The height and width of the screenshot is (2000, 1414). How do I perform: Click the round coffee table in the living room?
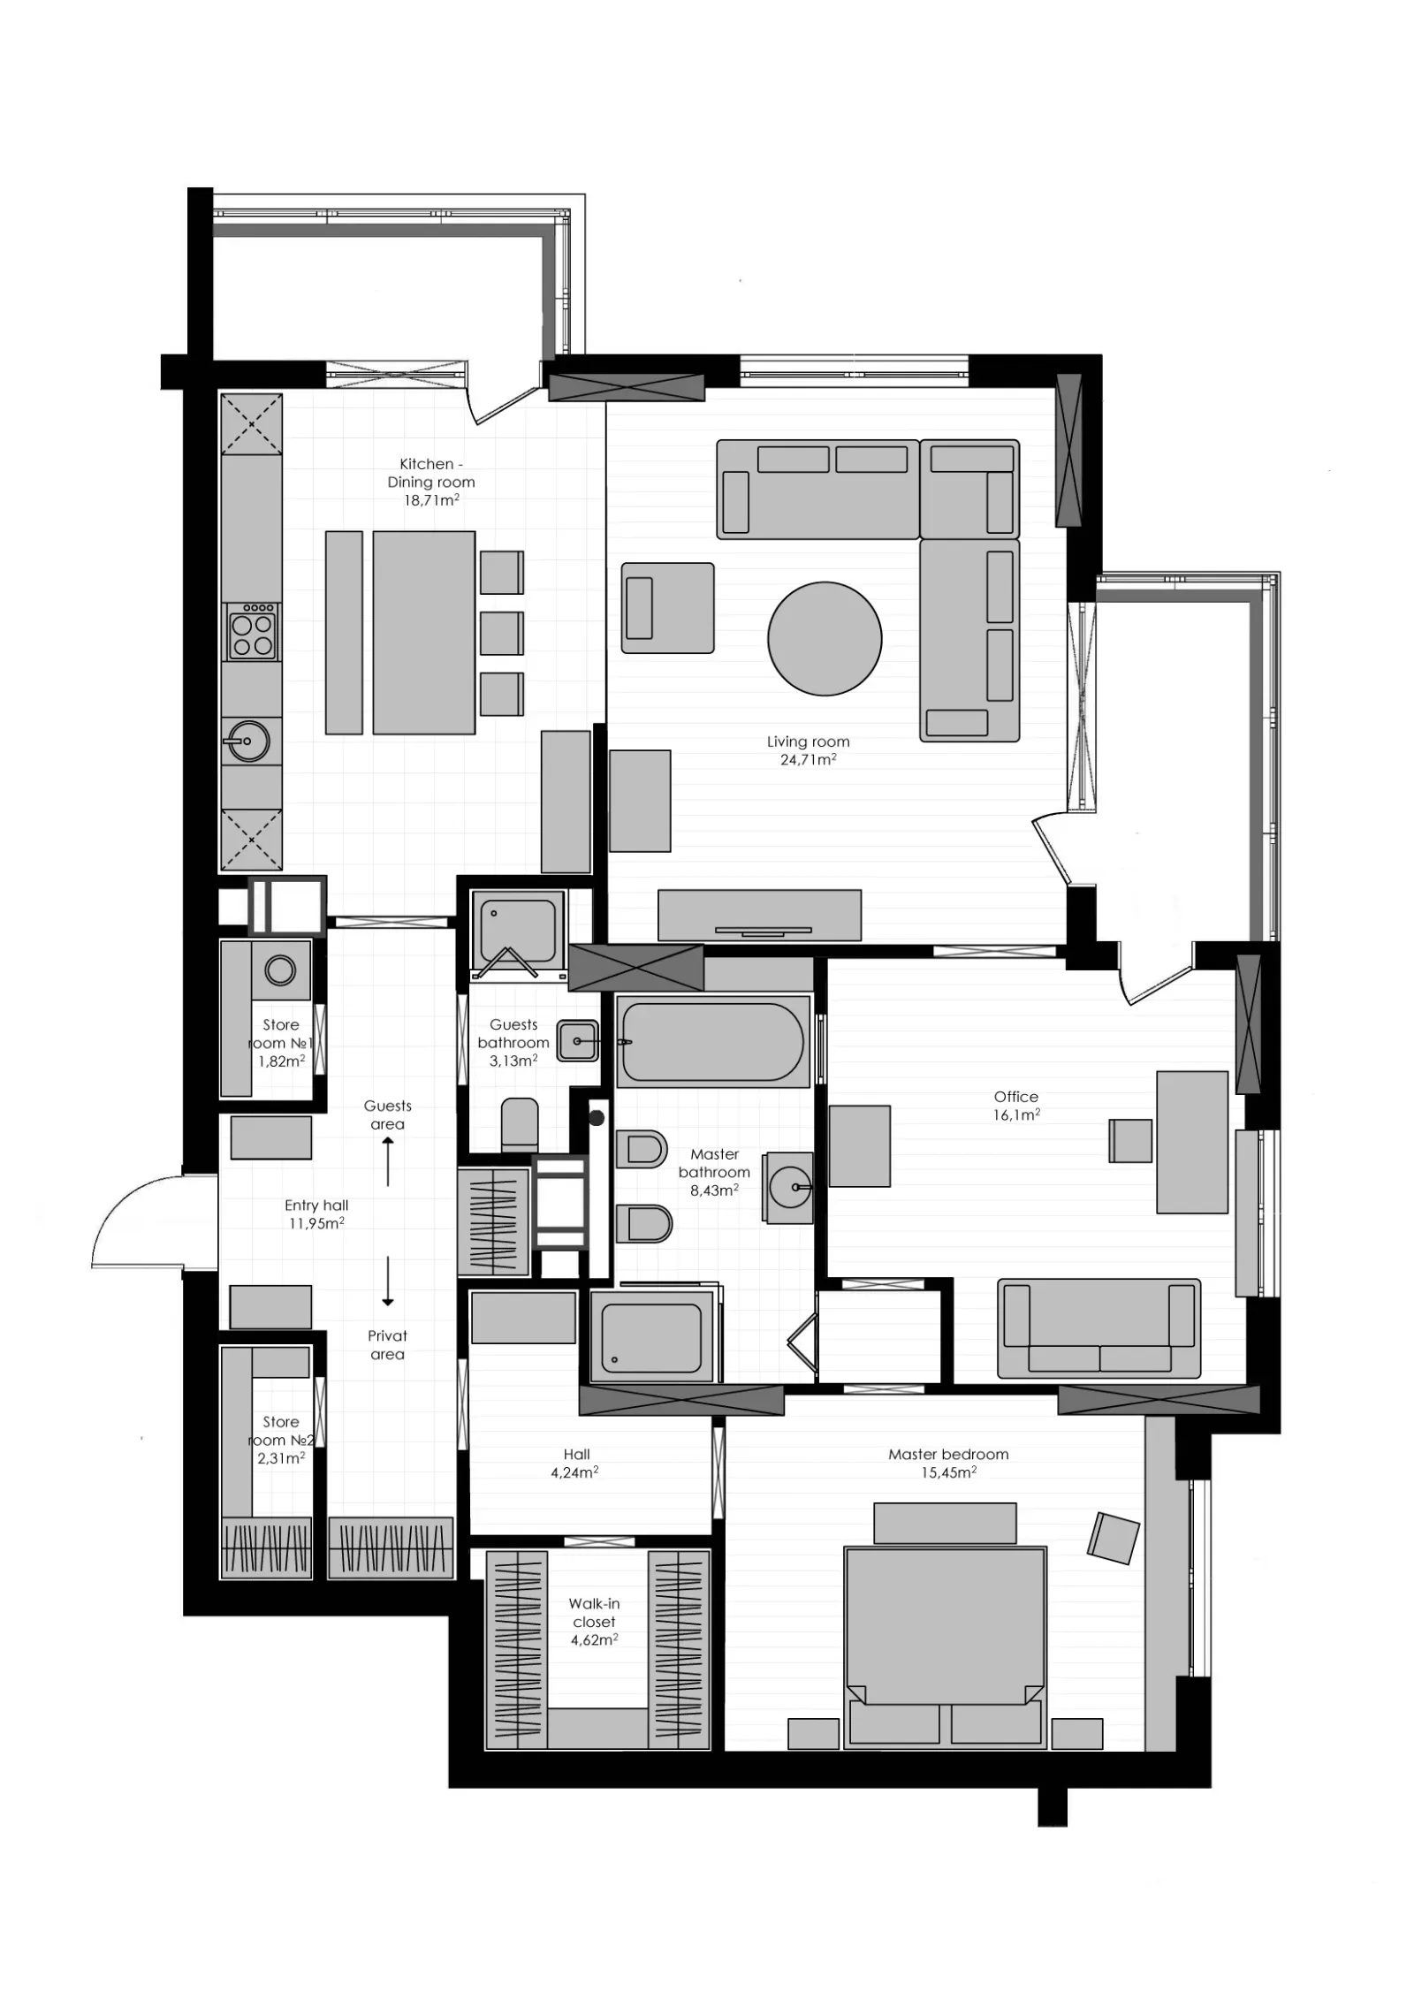[x=824, y=638]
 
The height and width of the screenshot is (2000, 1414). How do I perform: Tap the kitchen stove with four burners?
[x=252, y=631]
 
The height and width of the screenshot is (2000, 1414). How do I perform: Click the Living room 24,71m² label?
[x=808, y=750]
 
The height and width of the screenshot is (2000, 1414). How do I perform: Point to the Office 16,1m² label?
[x=1015, y=1106]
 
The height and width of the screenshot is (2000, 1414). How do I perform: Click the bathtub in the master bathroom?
[x=712, y=1040]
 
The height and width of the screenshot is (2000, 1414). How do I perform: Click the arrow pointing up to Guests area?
[x=388, y=1161]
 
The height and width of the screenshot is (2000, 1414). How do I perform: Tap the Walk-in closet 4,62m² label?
[x=593, y=1622]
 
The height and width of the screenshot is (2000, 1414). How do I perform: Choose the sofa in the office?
[x=1099, y=1328]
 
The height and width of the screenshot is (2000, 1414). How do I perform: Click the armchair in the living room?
[x=667, y=608]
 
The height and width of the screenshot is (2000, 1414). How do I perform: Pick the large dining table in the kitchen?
[x=423, y=633]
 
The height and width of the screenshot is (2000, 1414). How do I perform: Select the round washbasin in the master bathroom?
[x=790, y=1188]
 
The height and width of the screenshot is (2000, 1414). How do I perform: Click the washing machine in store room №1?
[x=281, y=970]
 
